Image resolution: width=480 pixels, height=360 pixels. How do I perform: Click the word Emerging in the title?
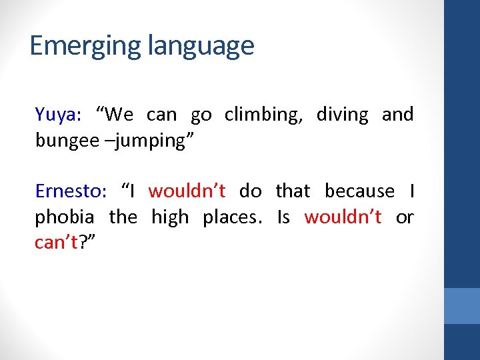tap(85, 46)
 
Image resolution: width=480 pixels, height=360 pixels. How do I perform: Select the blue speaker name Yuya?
tap(58, 115)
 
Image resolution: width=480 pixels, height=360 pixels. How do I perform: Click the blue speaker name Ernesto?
tap(71, 191)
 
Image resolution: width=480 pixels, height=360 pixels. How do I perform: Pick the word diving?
tap(342, 115)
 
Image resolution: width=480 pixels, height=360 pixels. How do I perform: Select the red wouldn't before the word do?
tap(187, 191)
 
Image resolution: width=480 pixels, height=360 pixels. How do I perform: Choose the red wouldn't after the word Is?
tap(343, 217)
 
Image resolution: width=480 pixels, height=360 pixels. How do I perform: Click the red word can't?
tap(56, 243)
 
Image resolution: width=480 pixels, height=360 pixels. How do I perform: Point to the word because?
tap(359, 191)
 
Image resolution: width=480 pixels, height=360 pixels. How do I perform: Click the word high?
tap(170, 217)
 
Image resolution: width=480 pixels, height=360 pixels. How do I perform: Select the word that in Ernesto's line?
tap(293, 191)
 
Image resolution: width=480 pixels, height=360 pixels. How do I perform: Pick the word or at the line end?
tap(404, 217)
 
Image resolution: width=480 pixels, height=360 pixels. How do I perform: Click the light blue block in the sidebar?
tap(462, 306)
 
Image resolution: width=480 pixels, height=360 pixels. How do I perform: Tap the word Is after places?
tap(283, 217)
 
